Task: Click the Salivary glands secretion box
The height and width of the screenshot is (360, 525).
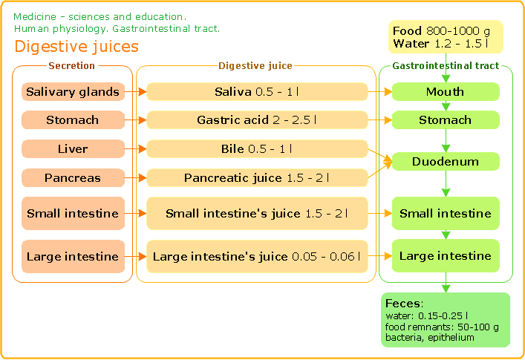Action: pyautogui.click(x=73, y=92)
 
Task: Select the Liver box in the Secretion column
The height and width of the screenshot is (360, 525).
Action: pyautogui.click(x=73, y=148)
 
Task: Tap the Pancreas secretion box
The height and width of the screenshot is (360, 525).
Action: pyautogui.click(x=73, y=177)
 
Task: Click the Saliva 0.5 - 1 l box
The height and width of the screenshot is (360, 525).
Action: pyautogui.click(x=257, y=92)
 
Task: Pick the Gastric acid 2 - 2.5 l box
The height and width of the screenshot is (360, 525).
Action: pyautogui.click(x=257, y=120)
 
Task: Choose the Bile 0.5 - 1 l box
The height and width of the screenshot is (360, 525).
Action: pyautogui.click(x=257, y=148)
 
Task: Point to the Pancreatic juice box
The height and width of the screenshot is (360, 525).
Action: pyautogui.click(x=257, y=177)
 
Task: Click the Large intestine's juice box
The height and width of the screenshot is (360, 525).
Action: pyautogui.click(x=257, y=256)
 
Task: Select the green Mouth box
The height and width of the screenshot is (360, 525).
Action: pyautogui.click(x=446, y=92)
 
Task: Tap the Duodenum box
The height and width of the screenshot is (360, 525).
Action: pyautogui.click(x=446, y=161)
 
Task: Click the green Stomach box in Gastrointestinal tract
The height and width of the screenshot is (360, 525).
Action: pyautogui.click(x=446, y=120)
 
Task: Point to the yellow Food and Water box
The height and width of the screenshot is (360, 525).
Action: pyautogui.click(x=446, y=37)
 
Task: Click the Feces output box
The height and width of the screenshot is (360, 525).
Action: pyautogui.click(x=446, y=320)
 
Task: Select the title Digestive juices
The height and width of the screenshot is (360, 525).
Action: pyautogui.click(x=76, y=47)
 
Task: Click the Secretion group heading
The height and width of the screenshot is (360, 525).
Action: pyautogui.click(x=71, y=65)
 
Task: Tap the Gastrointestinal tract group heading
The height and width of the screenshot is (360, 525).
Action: pyautogui.click(x=446, y=65)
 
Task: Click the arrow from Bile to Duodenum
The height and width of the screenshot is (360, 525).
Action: pyautogui.click(x=380, y=156)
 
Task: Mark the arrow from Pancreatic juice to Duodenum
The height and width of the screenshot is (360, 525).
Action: pyautogui.click(x=380, y=170)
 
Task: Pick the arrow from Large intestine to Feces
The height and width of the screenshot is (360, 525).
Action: pyautogui.click(x=446, y=282)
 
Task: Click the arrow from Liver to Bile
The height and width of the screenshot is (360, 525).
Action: pyautogui.click(x=136, y=148)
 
